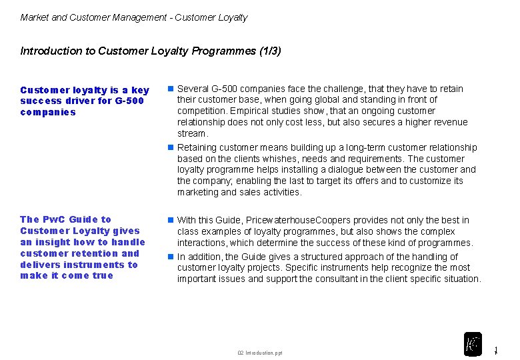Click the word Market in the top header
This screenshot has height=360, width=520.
coord(35,18)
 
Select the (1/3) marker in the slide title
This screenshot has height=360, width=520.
coord(270,51)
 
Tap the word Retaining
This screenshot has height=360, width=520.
coord(198,147)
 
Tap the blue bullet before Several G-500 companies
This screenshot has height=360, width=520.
coord(171,88)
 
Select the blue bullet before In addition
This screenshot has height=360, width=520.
coord(171,256)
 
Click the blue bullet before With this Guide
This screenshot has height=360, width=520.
coord(171,219)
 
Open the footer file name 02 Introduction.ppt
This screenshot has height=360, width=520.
coord(260,353)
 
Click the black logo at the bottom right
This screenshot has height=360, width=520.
coord(473,344)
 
